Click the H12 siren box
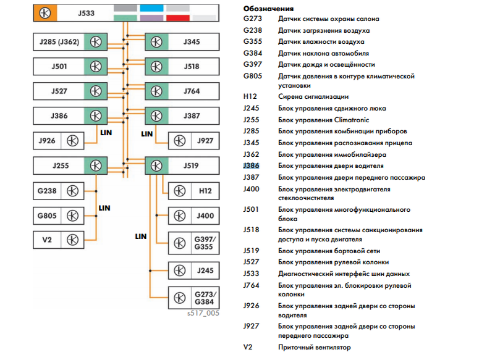pos(192,191)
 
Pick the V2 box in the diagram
pos(58,240)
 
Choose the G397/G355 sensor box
pos(192,243)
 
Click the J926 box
pos(58,141)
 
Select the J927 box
pos(192,141)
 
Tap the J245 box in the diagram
pos(192,270)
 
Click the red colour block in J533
pos(178,19)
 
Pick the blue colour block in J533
pos(151,8)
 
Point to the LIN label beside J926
pos(104,132)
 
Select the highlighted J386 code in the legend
pos(252,166)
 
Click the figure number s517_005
pos(203,313)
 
